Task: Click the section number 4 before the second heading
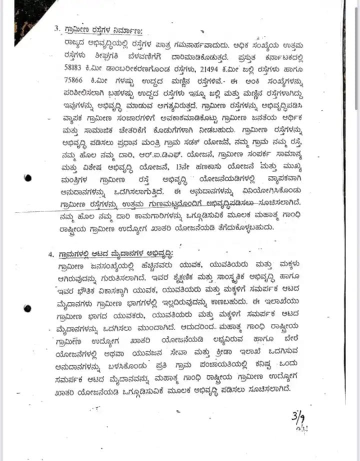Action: pos(51,254)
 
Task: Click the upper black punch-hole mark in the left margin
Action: pos(28,177)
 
